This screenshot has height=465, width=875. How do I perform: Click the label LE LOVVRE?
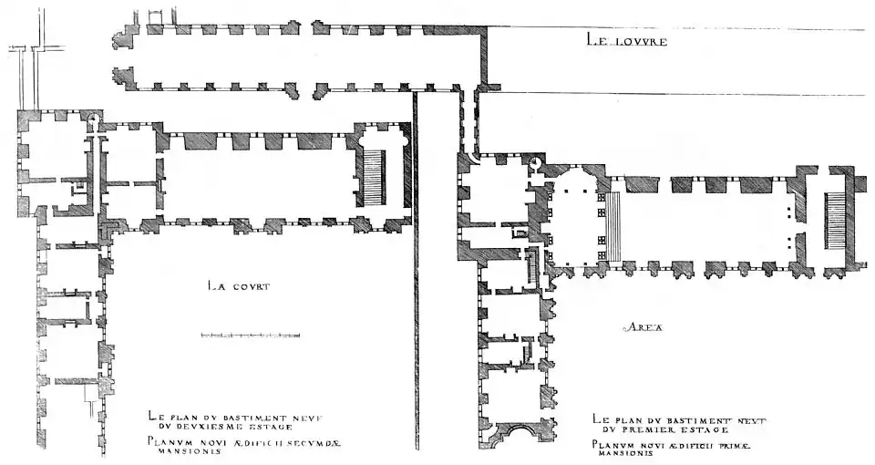(627, 41)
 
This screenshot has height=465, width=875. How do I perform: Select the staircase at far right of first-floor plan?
(835, 221)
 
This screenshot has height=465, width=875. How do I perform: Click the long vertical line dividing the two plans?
(416, 274)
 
